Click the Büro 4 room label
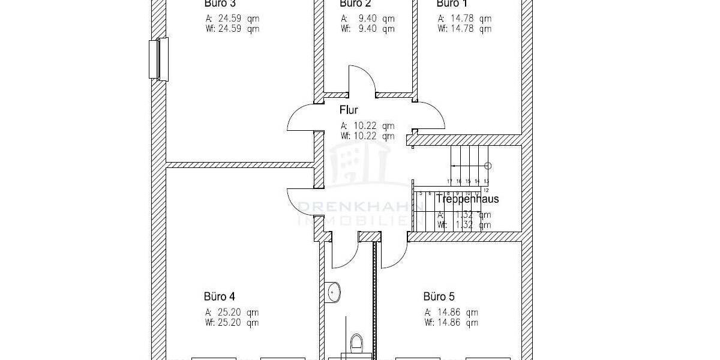pyautogui.click(x=219, y=296)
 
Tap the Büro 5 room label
pyautogui.click(x=439, y=296)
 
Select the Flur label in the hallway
pyautogui.click(x=349, y=110)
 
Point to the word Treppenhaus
pyautogui.click(x=467, y=199)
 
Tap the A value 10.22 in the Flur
pyautogui.click(x=367, y=126)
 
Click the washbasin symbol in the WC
pyautogui.click(x=334, y=292)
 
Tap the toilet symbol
pyautogui.click(x=356, y=343)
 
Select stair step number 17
pyautogui.click(x=449, y=181)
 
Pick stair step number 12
pyautogui.click(x=486, y=190)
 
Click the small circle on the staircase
pyautogui.click(x=488, y=165)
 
